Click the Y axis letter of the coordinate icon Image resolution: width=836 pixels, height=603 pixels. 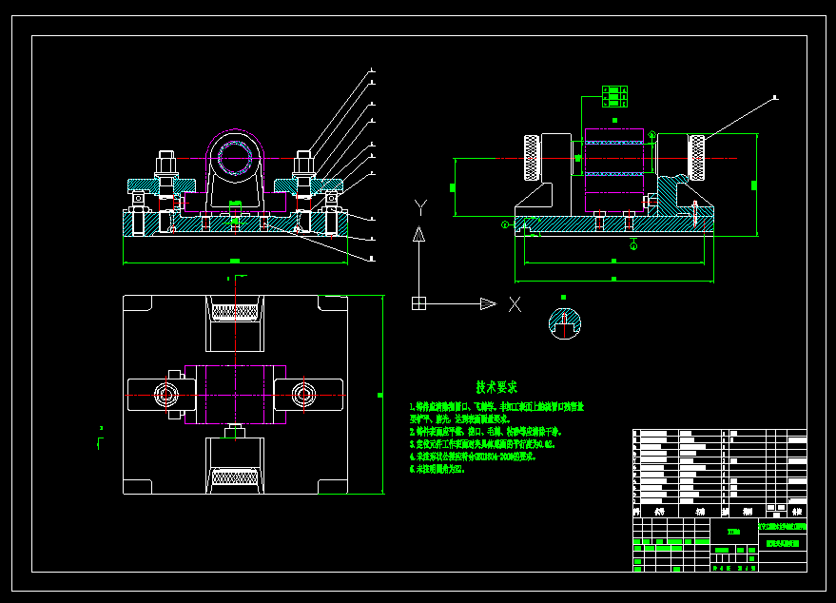tap(420, 205)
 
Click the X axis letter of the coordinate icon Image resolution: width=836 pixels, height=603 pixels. tap(515, 304)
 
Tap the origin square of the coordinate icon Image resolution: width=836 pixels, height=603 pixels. tap(418, 303)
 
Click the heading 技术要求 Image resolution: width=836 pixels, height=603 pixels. tap(496, 387)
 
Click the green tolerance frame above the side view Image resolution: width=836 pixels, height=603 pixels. tap(613, 95)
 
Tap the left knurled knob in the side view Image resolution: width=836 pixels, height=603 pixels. tap(531, 158)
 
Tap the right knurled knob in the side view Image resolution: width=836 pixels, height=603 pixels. tap(698, 158)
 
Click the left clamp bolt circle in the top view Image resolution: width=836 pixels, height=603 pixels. tap(166, 393)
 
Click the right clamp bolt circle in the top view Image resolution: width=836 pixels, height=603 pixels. tap(303, 393)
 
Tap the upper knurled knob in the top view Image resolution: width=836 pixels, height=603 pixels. tap(233, 310)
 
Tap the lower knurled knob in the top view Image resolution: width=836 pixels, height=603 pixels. tap(233, 477)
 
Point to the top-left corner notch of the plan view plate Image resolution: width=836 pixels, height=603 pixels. tap(138, 303)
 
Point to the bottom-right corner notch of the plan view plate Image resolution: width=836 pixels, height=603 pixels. tap(332, 486)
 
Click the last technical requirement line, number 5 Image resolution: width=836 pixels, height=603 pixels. tap(437, 469)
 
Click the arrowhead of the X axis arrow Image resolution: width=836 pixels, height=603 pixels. tap(488, 303)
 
